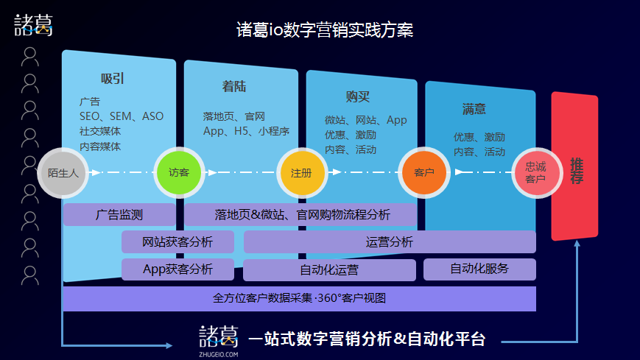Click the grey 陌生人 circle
63,173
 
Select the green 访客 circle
179,173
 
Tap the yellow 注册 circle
302,173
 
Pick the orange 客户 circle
424,173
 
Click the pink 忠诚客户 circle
537,173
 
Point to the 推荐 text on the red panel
577,171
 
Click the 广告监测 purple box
119,215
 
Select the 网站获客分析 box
177,242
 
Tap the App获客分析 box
177,269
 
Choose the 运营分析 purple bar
390,242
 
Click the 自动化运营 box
329,269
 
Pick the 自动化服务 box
479,269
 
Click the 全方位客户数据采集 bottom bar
299,298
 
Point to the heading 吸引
113,78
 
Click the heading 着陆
234,87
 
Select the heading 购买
358,96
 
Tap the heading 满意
474,109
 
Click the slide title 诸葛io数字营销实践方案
325,29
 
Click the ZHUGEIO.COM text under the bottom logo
219,354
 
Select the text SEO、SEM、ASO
122,116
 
